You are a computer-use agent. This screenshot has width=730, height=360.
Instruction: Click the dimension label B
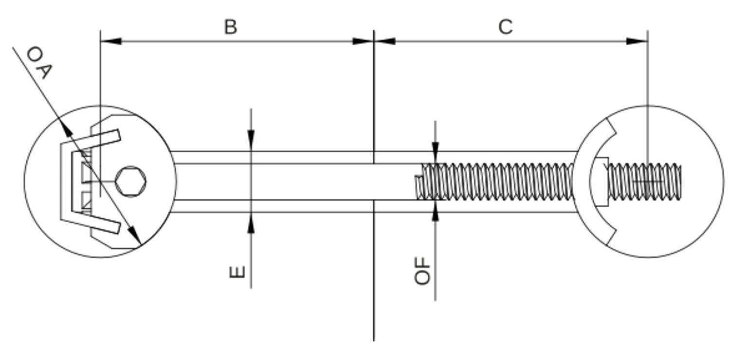click(x=231, y=27)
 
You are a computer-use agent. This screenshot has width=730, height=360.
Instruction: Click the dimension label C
click(x=506, y=27)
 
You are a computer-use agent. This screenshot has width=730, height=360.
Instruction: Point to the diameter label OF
click(x=423, y=270)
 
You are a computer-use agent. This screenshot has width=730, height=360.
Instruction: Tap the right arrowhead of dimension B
click(x=363, y=41)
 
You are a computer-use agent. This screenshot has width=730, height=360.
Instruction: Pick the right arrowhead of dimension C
click(x=637, y=41)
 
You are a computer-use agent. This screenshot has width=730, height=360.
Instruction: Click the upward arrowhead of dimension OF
click(x=435, y=211)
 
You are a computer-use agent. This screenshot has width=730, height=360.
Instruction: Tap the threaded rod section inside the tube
click(x=496, y=181)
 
